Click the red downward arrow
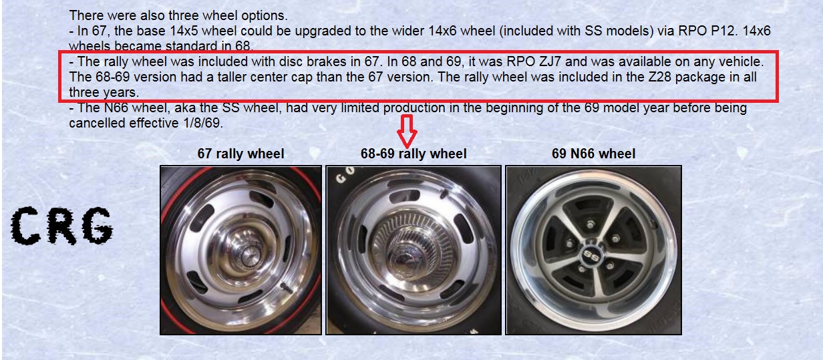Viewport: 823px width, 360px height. point(407,131)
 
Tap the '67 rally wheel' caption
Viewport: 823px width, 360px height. point(240,154)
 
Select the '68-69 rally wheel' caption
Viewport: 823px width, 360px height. point(414,154)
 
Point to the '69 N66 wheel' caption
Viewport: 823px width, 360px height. point(593,154)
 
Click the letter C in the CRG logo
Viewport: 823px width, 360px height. point(25,226)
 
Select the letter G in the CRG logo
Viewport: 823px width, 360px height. point(97,226)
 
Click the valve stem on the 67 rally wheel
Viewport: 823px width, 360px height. point(285,288)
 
